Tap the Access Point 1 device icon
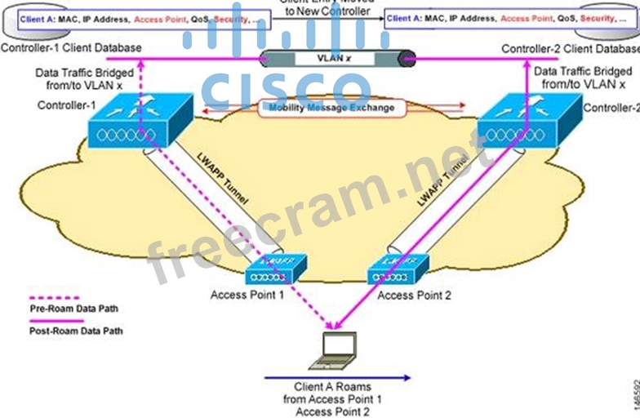[x=276, y=269]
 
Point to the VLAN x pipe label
[x=337, y=58]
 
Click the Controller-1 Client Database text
[x=71, y=48]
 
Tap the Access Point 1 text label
[x=247, y=295]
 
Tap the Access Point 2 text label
[x=416, y=295]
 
